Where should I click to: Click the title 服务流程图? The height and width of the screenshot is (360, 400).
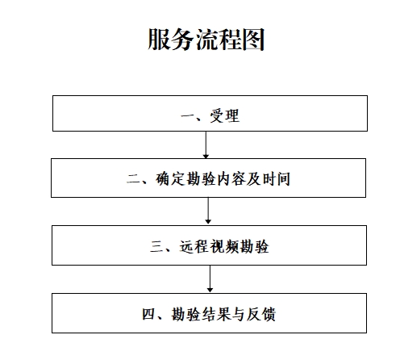206,40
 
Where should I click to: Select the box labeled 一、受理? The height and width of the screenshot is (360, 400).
210,113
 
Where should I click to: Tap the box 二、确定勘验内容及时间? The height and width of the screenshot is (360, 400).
208,178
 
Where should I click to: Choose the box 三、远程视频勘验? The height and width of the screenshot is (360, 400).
209,245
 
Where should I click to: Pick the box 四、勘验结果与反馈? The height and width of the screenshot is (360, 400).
209,313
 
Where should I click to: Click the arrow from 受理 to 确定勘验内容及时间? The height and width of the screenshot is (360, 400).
206,144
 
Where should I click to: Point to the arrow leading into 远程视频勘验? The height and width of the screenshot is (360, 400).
208,211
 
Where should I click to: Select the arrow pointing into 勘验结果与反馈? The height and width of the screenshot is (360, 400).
210,278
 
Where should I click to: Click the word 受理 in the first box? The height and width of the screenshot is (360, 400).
225,116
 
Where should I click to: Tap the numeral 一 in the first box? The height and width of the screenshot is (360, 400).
188,116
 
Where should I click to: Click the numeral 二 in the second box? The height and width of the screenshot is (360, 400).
134,179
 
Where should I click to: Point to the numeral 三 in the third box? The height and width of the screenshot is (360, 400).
157,246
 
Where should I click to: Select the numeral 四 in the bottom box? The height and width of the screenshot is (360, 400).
149,314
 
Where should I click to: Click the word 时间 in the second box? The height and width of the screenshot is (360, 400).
276,179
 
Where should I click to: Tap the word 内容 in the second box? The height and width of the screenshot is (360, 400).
230,179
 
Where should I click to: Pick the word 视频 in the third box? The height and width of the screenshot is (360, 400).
224,246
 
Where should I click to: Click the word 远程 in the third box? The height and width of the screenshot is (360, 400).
194,246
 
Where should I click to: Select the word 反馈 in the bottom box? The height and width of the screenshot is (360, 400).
261,314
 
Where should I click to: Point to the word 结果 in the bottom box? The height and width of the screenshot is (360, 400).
216,314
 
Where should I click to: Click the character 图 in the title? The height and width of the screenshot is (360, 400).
253,40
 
